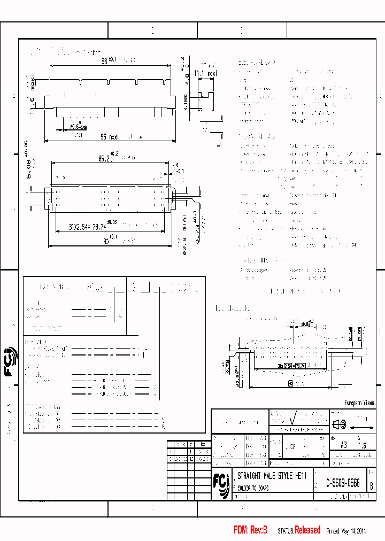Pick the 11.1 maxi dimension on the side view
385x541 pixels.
click(x=205, y=73)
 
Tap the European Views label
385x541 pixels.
click(x=358, y=403)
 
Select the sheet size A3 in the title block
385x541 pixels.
click(x=343, y=444)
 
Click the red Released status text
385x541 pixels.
click(x=307, y=530)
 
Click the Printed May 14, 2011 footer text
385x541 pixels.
click(x=345, y=531)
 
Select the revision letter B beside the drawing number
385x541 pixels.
click(x=371, y=485)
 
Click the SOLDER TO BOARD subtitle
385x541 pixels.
click(x=251, y=489)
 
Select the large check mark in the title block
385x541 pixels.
click(x=292, y=417)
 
